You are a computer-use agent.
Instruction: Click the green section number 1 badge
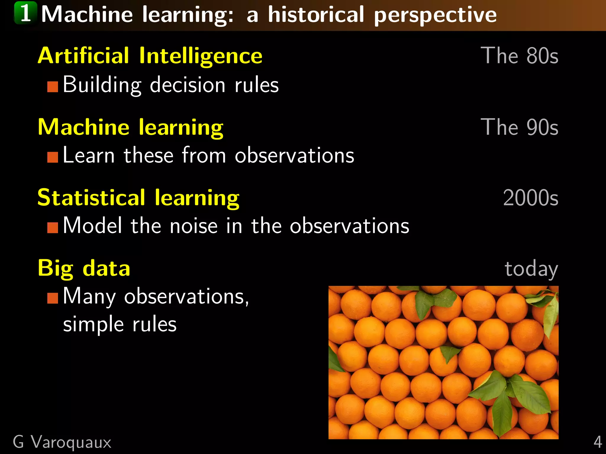26,13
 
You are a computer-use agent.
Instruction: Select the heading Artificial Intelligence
150,56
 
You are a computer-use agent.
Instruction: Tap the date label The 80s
519,56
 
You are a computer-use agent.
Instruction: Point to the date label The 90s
519,127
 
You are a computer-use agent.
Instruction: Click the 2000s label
531,198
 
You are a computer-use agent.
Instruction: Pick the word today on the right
531,268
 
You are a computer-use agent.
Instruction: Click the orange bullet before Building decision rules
53,87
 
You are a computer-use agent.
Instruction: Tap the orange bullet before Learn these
53,157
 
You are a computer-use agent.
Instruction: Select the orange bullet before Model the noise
53,228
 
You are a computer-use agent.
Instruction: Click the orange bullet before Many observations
53,298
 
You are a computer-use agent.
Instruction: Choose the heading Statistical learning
138,198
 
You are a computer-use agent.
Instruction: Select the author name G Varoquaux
62,442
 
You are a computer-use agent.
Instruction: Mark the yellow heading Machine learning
130,127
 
